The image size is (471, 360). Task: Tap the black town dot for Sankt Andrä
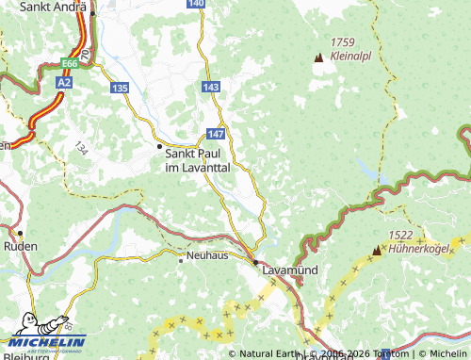pos(92,13)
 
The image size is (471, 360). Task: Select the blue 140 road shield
pos(195,4)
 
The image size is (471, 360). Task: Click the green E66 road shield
pos(70,63)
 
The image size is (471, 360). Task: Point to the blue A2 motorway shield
pos(63,82)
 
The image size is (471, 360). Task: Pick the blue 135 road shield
pos(119,88)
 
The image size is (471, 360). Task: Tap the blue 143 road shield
pos(211,86)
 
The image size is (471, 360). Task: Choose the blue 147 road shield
pos(216,135)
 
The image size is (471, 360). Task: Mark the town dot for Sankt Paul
pos(158,146)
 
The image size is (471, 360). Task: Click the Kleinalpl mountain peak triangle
pos(318,57)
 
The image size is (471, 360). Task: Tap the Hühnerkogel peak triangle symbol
pos(378,250)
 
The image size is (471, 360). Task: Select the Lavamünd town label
pos(288,270)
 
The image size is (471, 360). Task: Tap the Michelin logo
pos(43,334)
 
